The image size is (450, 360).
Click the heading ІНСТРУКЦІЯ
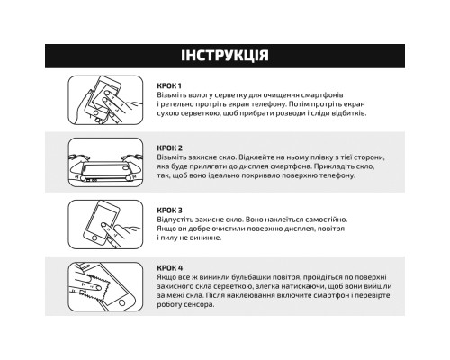[224, 56]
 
